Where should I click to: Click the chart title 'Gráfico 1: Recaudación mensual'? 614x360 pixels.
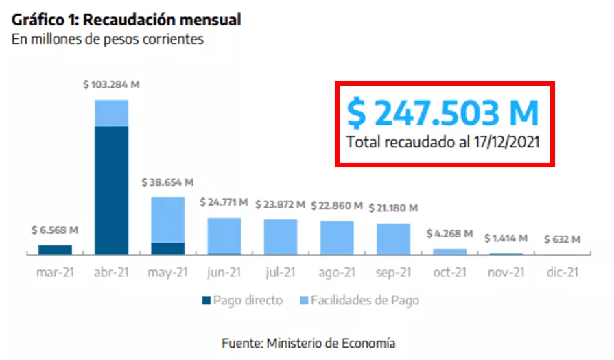(126, 20)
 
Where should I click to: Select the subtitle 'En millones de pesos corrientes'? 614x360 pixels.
(108, 39)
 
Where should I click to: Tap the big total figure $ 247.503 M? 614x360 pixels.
(442, 112)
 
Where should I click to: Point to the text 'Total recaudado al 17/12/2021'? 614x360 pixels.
(442, 143)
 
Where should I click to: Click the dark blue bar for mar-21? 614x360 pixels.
(56, 250)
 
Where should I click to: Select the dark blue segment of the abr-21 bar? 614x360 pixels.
(112, 190)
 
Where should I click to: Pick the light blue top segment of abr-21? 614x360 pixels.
(112, 113)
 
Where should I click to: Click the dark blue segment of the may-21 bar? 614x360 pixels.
(167, 248)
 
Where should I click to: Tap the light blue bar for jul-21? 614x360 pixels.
(280, 237)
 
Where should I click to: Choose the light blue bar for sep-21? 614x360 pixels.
(393, 239)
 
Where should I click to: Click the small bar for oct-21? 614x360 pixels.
(449, 252)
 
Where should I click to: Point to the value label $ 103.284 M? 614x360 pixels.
(111, 85)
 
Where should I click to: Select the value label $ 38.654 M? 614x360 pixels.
(167, 183)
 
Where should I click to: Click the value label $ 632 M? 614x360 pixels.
(562, 239)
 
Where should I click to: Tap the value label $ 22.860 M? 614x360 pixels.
(337, 205)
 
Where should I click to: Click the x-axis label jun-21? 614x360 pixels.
(224, 272)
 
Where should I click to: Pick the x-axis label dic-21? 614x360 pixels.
(562, 272)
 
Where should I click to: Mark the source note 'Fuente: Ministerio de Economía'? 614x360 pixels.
(308, 342)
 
